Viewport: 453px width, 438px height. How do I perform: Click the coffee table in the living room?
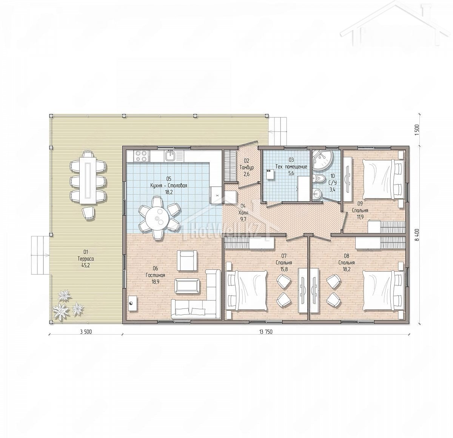[x=187, y=285]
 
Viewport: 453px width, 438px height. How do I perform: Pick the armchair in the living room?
[x=187, y=260]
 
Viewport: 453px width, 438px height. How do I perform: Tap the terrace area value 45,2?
[x=86, y=266]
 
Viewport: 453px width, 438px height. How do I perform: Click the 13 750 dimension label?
[x=266, y=332]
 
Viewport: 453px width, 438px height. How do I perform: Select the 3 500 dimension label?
[x=86, y=332]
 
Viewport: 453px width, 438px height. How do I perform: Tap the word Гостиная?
[x=155, y=275]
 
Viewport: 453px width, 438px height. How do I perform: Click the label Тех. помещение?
[x=291, y=167]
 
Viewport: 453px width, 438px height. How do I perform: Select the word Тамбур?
[x=247, y=167]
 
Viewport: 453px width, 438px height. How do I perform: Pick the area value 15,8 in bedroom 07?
[x=284, y=269]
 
